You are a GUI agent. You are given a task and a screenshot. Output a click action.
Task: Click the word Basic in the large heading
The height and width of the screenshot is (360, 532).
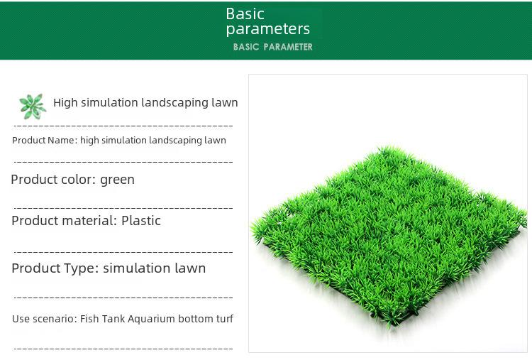[245, 14]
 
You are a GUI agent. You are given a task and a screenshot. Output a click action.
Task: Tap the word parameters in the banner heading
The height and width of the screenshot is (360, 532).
[268, 29]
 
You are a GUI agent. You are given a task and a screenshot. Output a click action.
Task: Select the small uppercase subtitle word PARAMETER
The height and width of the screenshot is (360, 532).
[288, 47]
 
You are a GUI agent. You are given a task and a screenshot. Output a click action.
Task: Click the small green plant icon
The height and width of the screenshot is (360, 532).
[32, 107]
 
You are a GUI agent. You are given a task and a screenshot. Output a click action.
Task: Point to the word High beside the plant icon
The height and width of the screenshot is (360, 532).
[65, 102]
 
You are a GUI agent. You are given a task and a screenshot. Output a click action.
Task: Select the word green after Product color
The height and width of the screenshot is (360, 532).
[117, 180]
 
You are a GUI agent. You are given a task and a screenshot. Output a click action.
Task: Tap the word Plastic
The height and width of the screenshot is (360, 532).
[141, 220]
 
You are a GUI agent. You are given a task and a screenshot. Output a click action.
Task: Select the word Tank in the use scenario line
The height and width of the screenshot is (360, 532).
[113, 319]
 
